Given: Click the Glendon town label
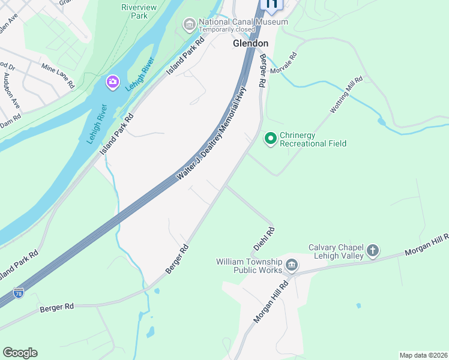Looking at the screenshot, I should click(x=250, y=44).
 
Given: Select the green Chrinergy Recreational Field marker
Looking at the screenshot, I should click(x=270, y=139).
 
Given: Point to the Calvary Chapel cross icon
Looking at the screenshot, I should click(x=373, y=251).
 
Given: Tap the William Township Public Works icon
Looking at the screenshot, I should click(x=292, y=265).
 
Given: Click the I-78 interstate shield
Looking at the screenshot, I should click(x=19, y=294).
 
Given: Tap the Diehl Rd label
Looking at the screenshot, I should click(x=264, y=239).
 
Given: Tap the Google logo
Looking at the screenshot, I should click(x=20, y=353).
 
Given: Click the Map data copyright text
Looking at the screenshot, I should click(x=423, y=355).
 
